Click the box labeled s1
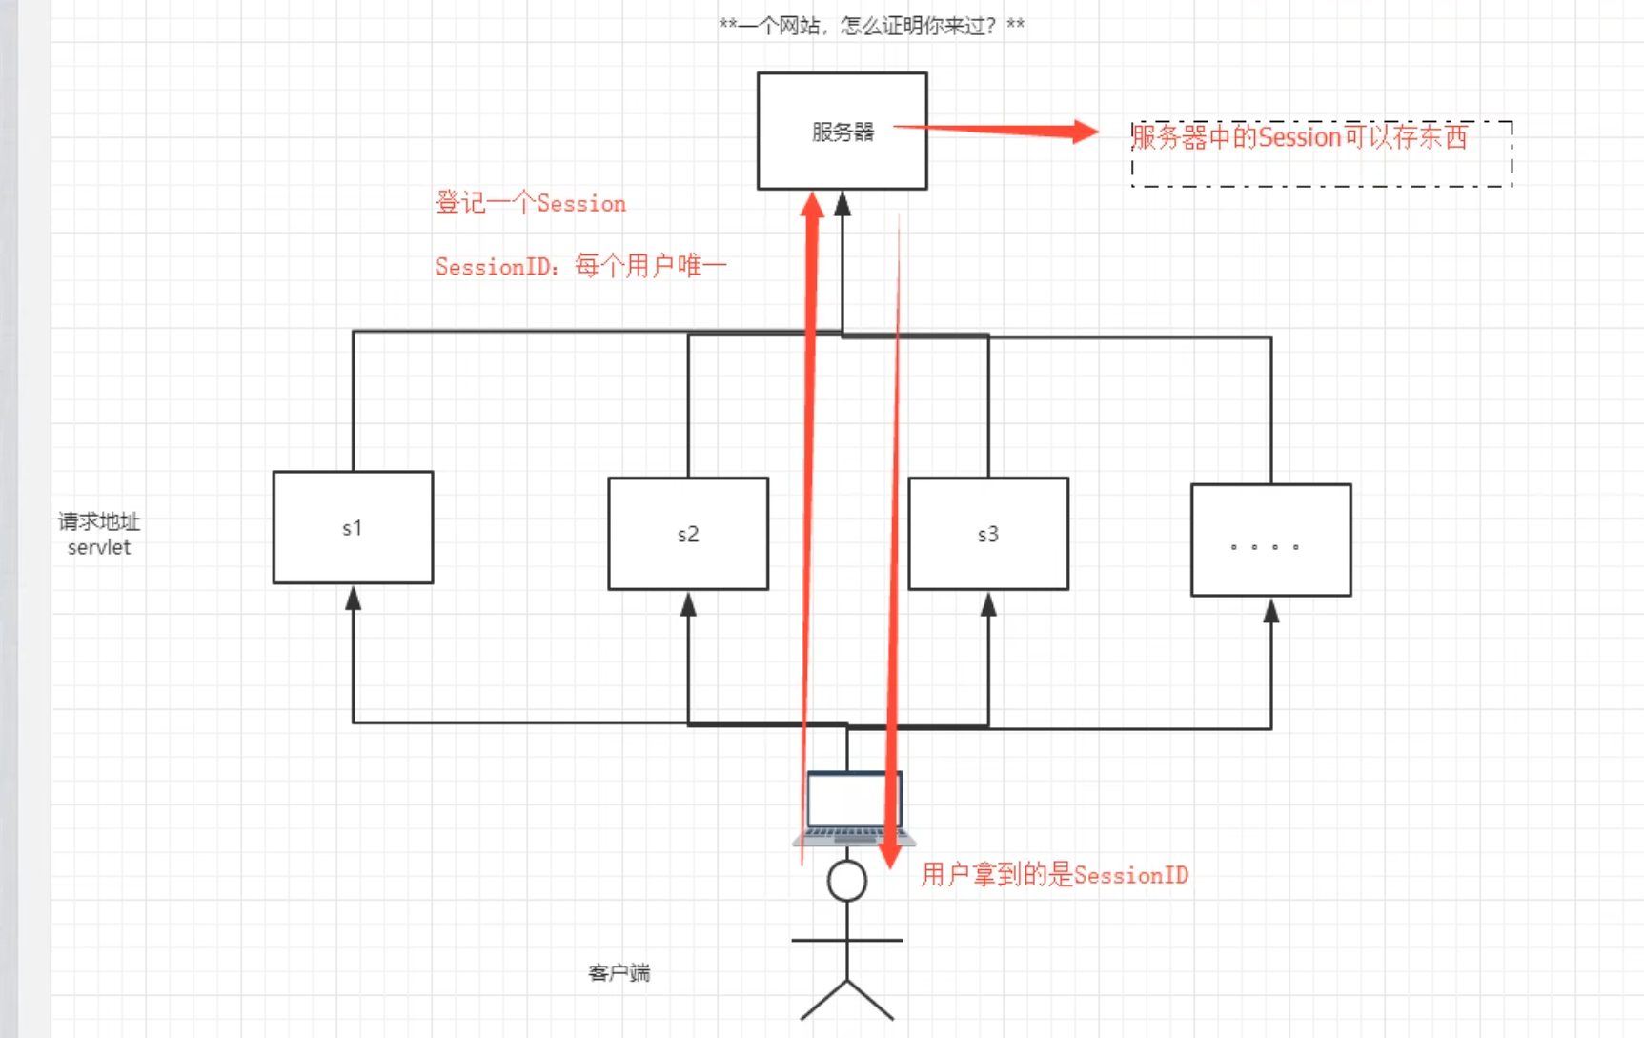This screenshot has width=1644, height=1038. click(x=353, y=527)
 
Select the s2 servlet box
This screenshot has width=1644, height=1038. click(x=688, y=534)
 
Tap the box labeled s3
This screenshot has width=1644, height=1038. click(x=988, y=534)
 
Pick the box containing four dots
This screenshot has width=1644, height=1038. click(x=1270, y=540)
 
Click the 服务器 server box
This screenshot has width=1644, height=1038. click(x=842, y=132)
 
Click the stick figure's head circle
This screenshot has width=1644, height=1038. click(x=847, y=881)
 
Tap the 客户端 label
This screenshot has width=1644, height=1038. click(x=619, y=973)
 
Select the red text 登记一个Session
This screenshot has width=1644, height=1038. click(x=531, y=203)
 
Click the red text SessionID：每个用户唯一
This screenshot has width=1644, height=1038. click(x=580, y=266)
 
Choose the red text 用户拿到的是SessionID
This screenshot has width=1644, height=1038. click(x=1054, y=875)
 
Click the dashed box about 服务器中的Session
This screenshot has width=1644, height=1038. click(x=1321, y=154)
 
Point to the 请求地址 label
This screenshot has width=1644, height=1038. click(x=99, y=521)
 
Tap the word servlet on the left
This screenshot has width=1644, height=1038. click(x=99, y=547)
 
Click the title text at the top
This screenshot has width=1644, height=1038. click(x=871, y=26)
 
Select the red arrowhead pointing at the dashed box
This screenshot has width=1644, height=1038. click(x=1085, y=132)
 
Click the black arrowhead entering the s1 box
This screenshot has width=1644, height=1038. click(x=353, y=599)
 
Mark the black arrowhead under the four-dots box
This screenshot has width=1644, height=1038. click(x=1270, y=611)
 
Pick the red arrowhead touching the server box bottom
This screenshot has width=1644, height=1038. click(x=812, y=206)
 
